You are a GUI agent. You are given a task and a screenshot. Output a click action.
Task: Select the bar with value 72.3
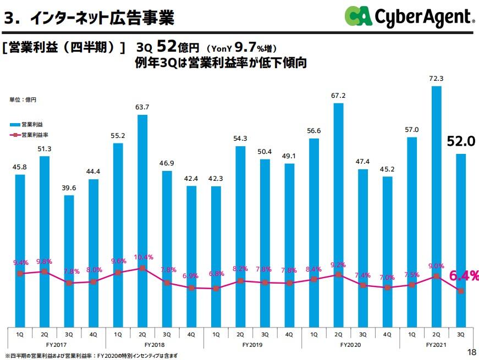pyautogui.click(x=436, y=209)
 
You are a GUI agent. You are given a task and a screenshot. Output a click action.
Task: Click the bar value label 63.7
pyautogui.click(x=142, y=107)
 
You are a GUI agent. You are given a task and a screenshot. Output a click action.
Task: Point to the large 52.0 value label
pyautogui.click(x=460, y=142)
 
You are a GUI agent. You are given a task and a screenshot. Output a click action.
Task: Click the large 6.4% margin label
pyautogui.click(x=464, y=276)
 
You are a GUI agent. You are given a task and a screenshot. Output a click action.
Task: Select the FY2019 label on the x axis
pyautogui.click(x=252, y=345)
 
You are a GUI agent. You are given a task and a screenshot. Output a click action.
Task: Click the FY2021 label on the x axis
pyautogui.click(x=436, y=345)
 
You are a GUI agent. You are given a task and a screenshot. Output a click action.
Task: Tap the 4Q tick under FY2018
pyautogui.click(x=191, y=334)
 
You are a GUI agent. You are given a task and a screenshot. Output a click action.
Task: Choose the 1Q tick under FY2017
pyautogui.click(x=20, y=334)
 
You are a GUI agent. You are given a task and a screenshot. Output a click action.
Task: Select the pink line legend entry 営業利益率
pyautogui.click(x=31, y=134)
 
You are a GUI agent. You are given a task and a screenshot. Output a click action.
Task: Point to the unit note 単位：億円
pyautogui.click(x=23, y=99)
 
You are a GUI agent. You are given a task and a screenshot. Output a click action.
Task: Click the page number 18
pyautogui.click(x=471, y=352)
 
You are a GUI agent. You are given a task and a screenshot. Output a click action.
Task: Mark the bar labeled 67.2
pyautogui.click(x=338, y=214)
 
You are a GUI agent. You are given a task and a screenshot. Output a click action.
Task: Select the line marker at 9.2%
pyautogui.click(x=338, y=274)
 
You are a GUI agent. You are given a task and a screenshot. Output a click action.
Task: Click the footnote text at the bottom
pyautogui.click(x=91, y=356)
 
